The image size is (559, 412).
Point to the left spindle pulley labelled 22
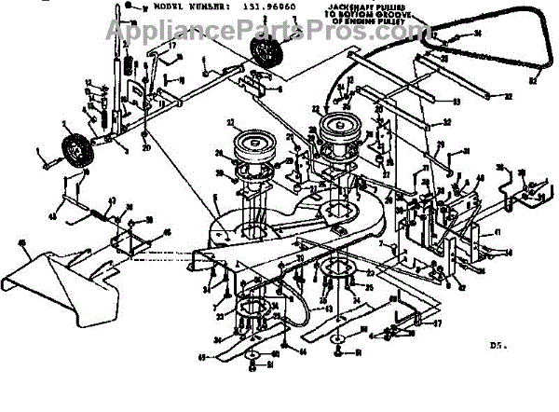(250, 146)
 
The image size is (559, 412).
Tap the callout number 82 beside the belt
(535, 82)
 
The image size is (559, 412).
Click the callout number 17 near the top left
(171, 45)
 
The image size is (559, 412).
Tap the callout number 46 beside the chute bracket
(168, 234)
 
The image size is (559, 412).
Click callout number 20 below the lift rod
(146, 147)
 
